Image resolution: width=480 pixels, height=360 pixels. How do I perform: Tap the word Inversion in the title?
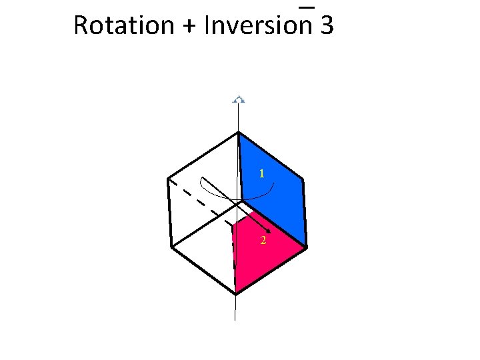coord(259,25)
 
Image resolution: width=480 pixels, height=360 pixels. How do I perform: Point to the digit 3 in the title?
coord(327,25)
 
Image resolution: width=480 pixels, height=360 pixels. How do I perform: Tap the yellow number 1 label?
coord(263,173)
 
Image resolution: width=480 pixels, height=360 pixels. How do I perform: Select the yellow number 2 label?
coord(263,240)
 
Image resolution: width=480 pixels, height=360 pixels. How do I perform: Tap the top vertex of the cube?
coord(238,133)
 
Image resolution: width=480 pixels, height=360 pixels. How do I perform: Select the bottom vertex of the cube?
coord(236,293)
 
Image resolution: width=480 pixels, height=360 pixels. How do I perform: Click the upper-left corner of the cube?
coord(167,179)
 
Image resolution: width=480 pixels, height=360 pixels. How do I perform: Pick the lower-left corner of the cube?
coord(171,247)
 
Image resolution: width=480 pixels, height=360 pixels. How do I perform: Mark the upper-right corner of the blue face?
coord(303,179)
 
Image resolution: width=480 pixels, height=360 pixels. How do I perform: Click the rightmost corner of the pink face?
coord(307,247)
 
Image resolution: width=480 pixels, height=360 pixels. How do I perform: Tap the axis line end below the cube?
coord(235,319)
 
